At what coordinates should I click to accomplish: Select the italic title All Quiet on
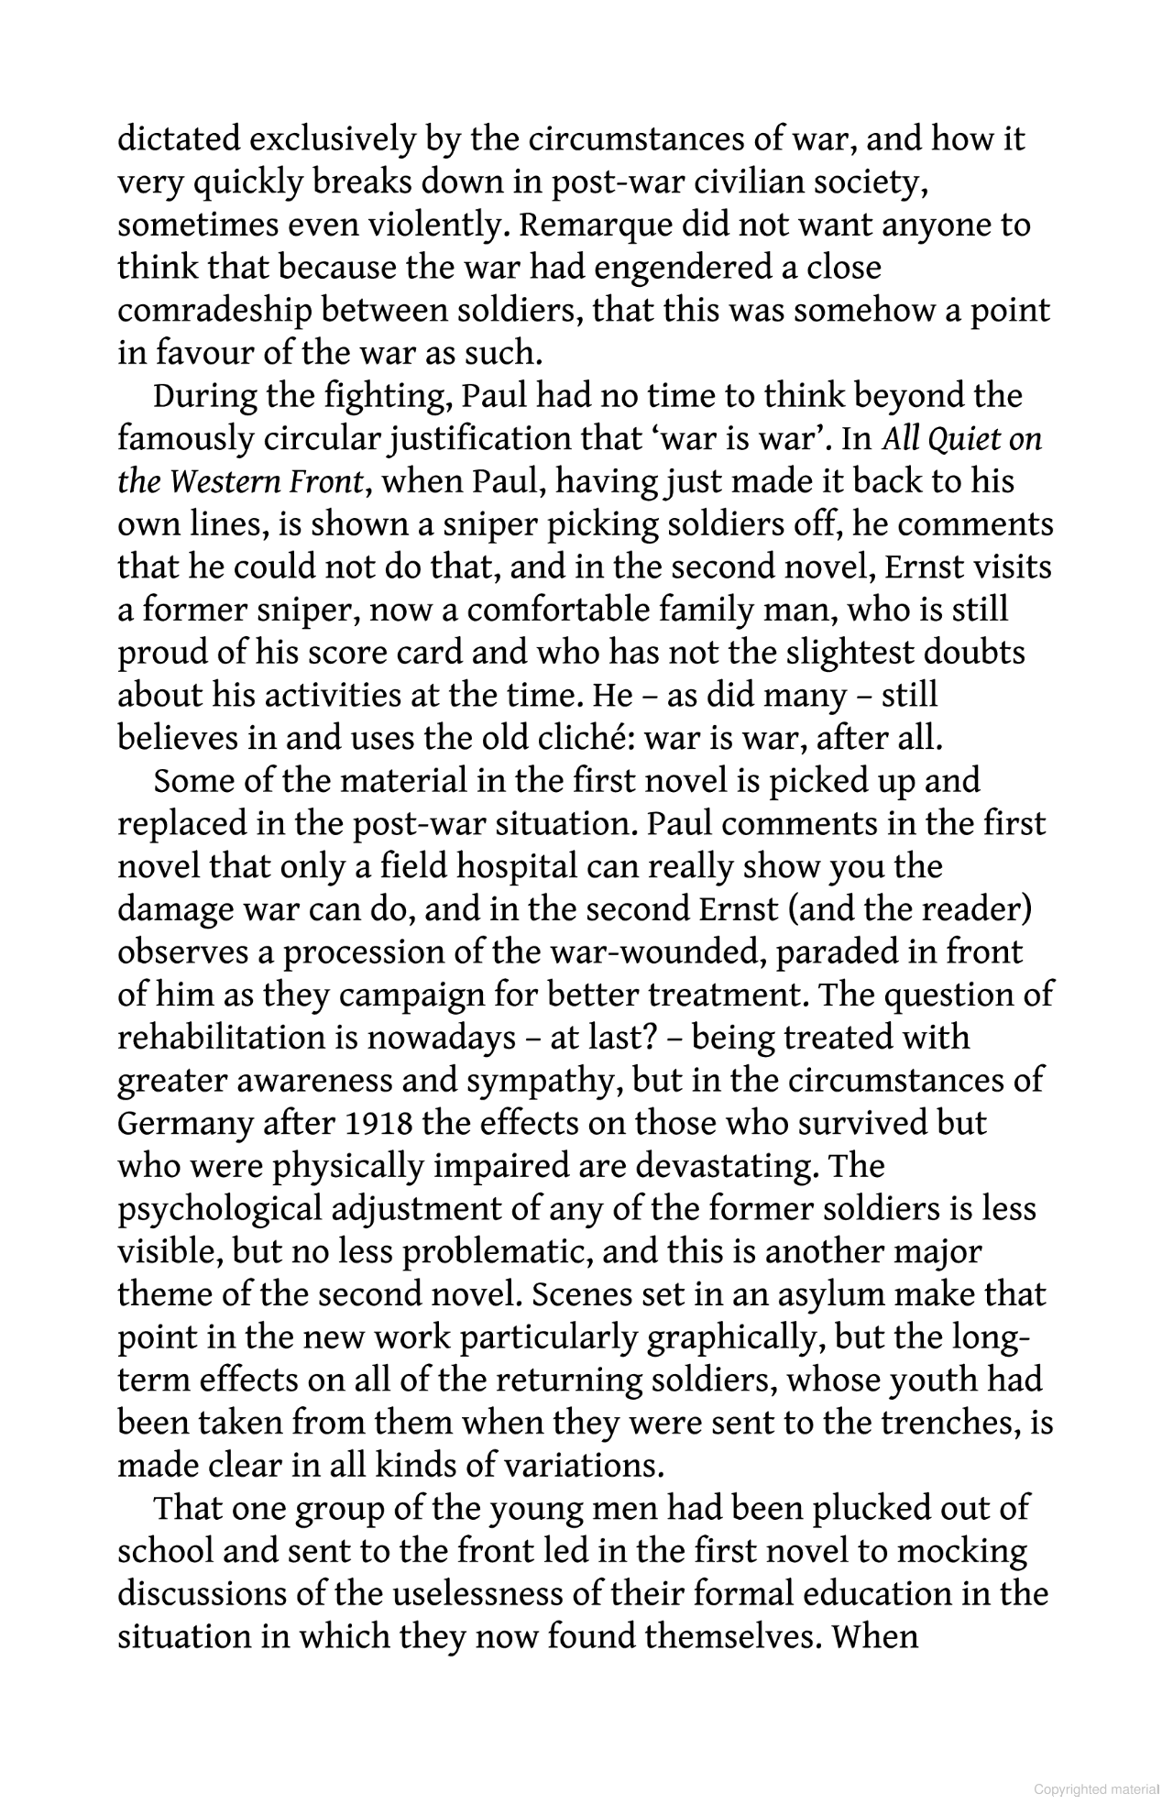click(962, 439)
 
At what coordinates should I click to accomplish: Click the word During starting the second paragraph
click(204, 397)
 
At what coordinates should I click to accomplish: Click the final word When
click(875, 1637)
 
